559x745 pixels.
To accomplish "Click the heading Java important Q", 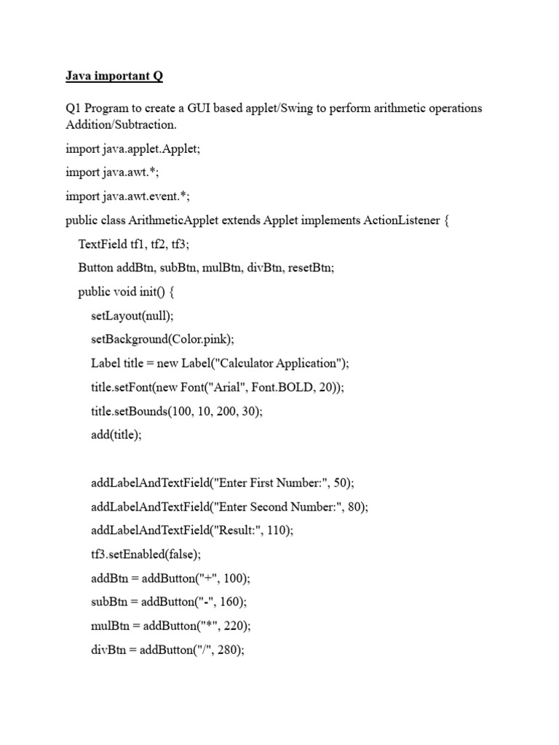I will click(x=114, y=75).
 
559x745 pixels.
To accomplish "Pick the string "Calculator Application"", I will click(x=278, y=363).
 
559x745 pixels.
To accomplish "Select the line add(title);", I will click(x=117, y=435).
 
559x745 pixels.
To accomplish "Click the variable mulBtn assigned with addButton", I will click(x=108, y=626).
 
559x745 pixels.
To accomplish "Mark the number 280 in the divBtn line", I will click(x=229, y=650).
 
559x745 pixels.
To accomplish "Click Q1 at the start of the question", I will click(x=74, y=108).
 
